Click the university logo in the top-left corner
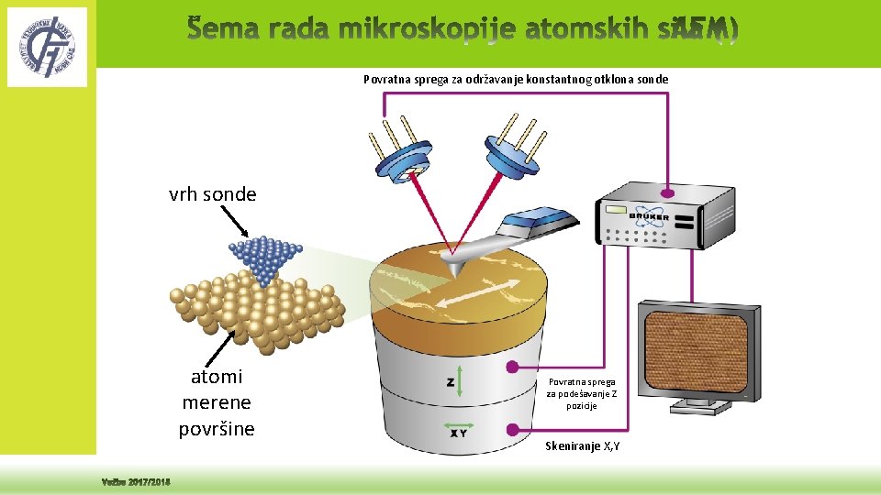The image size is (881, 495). click(47, 46)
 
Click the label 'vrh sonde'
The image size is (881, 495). click(212, 194)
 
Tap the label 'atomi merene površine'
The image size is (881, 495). click(217, 402)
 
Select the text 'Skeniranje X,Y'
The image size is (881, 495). click(583, 445)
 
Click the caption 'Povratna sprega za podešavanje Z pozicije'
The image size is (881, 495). click(583, 393)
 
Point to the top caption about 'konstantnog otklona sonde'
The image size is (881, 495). click(516, 80)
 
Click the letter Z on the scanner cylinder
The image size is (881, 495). click(451, 381)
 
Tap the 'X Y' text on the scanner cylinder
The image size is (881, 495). click(458, 434)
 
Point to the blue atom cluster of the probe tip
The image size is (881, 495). click(264, 258)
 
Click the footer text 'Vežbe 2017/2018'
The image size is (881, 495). click(137, 483)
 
